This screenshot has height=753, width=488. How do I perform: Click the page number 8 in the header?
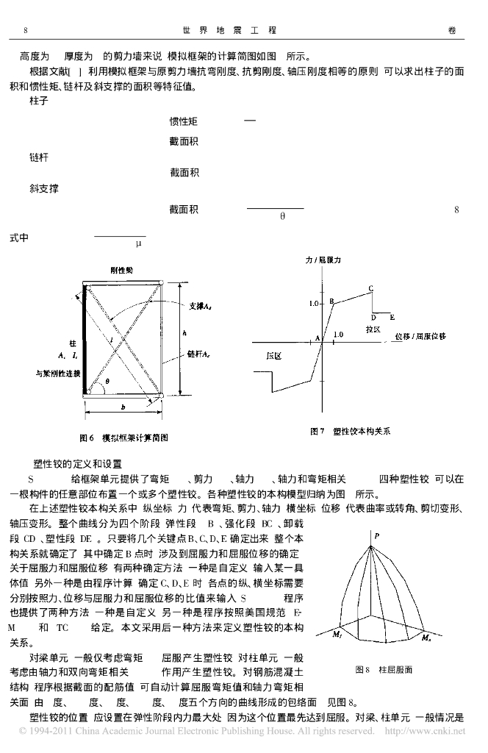[26, 30]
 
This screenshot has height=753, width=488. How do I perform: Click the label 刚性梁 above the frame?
[122, 271]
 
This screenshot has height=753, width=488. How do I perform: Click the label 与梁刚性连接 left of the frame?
[57, 374]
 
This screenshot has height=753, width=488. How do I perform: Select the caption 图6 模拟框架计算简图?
[120, 435]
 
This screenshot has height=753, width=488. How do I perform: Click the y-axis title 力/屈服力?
[322, 260]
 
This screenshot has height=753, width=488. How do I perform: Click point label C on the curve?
[371, 288]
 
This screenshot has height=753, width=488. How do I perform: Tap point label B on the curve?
[332, 301]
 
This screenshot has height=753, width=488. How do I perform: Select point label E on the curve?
[392, 317]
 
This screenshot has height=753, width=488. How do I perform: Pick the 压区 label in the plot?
[274, 355]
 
